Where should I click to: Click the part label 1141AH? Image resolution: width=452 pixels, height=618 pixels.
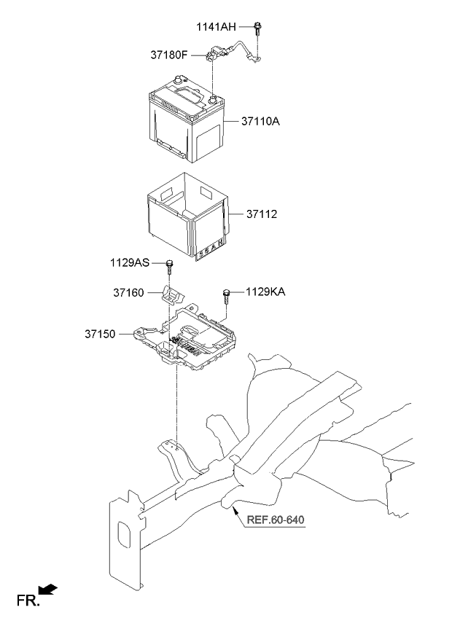(216, 27)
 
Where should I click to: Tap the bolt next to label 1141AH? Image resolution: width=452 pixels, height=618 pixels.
(258, 29)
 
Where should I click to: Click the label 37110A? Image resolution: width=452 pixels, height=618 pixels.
(261, 122)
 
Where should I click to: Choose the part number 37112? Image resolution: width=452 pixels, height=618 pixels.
(262, 215)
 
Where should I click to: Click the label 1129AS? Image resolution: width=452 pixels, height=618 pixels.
(131, 262)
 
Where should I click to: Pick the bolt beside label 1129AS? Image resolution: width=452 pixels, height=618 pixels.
(169, 264)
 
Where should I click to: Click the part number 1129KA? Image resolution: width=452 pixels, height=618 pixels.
(265, 292)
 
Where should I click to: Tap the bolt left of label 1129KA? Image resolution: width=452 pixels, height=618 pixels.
(227, 294)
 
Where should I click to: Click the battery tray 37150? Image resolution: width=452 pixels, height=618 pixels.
(197, 343)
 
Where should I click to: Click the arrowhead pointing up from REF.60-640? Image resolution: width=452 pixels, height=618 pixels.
(233, 512)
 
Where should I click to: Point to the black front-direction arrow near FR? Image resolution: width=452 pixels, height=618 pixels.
(48, 590)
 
